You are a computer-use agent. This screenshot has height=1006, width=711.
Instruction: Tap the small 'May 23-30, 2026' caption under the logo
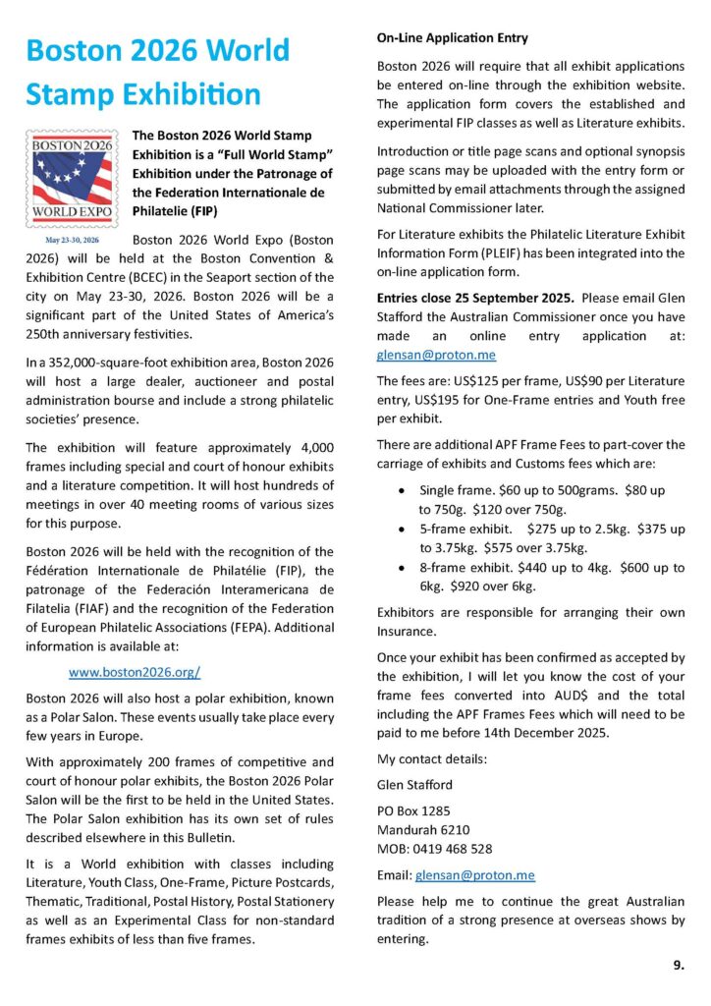tap(72, 240)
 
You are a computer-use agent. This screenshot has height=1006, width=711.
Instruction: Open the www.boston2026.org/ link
tap(135, 673)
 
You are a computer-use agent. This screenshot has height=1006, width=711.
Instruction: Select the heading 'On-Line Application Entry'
tap(453, 38)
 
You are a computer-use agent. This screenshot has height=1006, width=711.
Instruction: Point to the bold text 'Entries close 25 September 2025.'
tap(467, 297)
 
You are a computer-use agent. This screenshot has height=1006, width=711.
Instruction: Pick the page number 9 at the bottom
tap(679, 966)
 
